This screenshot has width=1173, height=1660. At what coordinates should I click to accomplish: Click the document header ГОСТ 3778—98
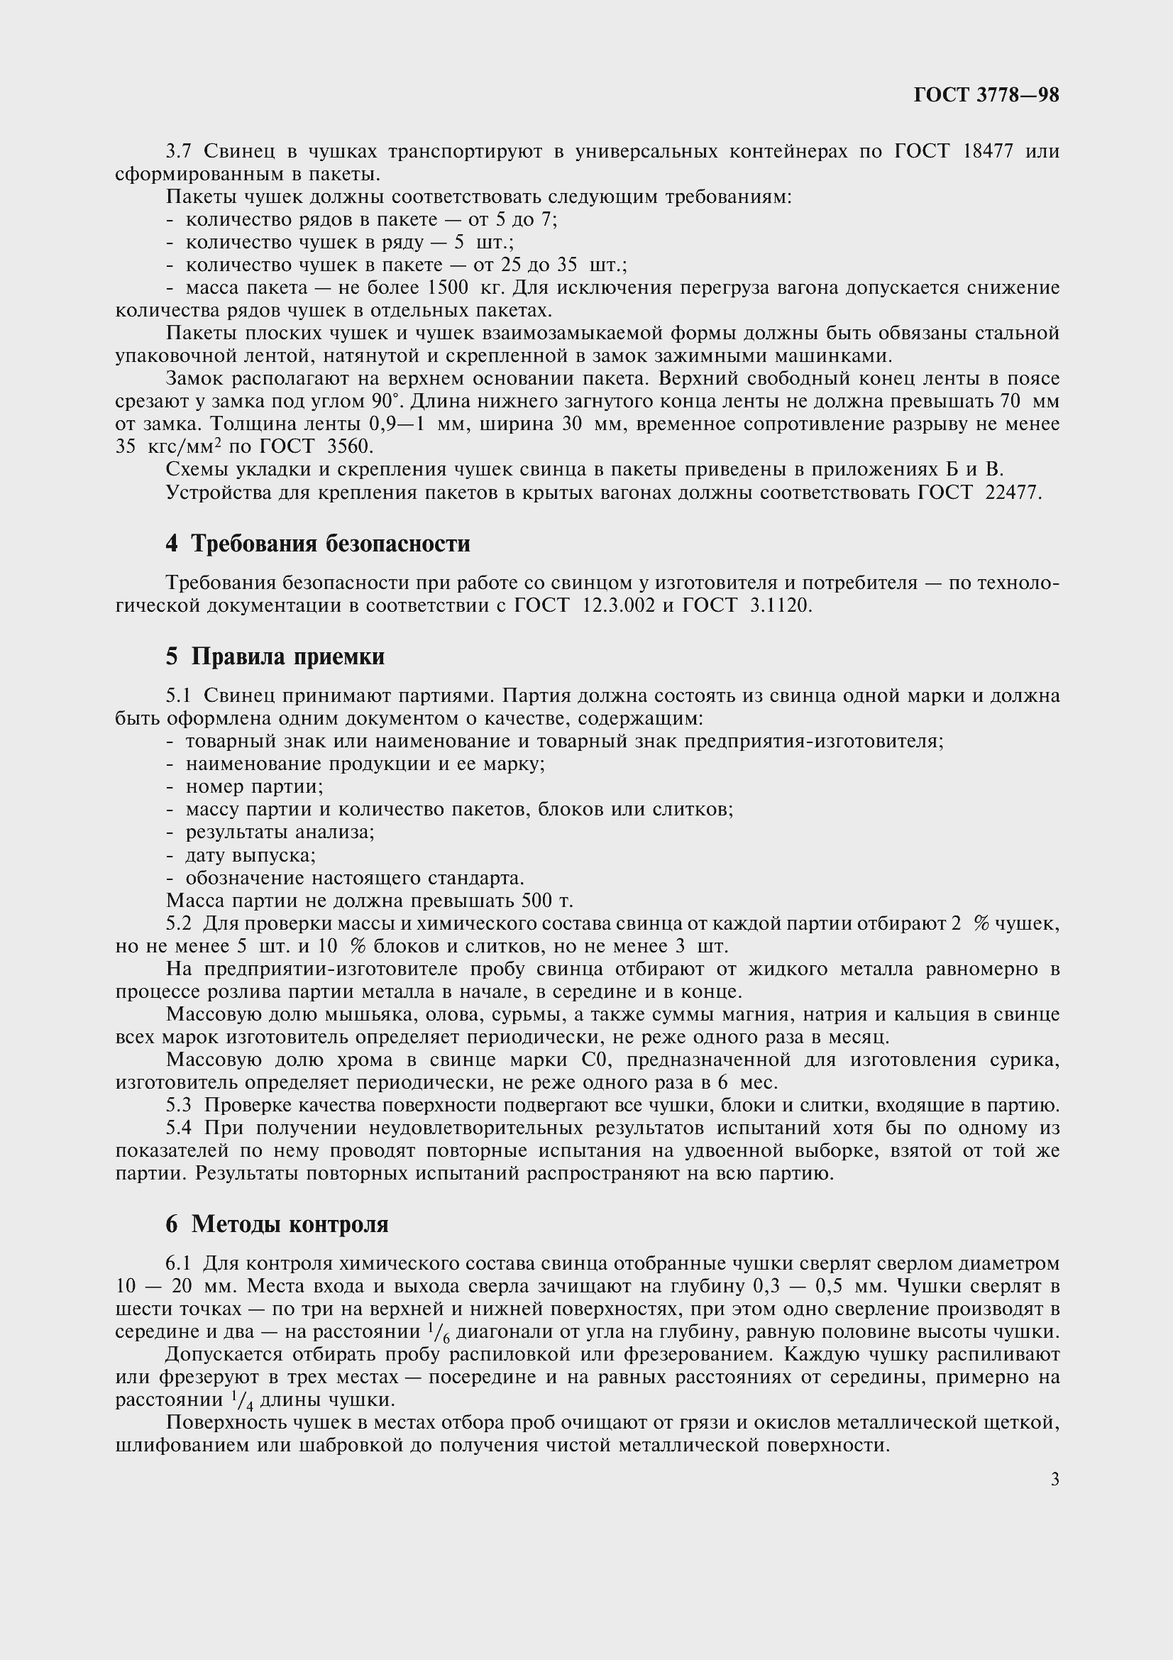986,95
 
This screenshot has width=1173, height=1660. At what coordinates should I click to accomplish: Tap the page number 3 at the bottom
1054,1480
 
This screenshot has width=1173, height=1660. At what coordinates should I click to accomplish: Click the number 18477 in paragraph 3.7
988,151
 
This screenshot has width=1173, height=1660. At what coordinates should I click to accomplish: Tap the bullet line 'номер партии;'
253,786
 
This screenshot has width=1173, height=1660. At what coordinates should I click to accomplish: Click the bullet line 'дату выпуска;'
250,855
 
